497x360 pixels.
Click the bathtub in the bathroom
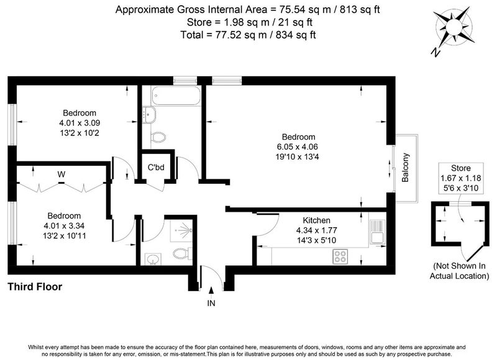coord(176,96)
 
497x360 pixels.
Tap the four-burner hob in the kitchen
coord(340,256)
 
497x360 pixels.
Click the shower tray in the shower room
coord(181,231)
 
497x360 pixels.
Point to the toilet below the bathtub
coord(158,138)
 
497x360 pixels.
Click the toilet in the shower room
coord(182,253)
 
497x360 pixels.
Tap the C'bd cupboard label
coord(157,167)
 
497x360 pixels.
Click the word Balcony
coord(405,168)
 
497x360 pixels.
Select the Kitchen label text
coord(316,220)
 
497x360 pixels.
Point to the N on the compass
coord(436,53)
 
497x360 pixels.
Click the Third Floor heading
coord(35,287)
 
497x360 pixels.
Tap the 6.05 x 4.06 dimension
coord(298,147)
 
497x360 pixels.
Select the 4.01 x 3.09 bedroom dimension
coord(80,123)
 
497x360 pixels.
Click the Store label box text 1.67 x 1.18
coord(461,178)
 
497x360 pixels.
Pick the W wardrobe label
coord(62,174)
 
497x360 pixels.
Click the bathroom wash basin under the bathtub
coord(149,114)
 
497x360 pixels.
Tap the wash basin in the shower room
coord(153,259)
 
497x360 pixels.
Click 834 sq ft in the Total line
coord(296,35)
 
